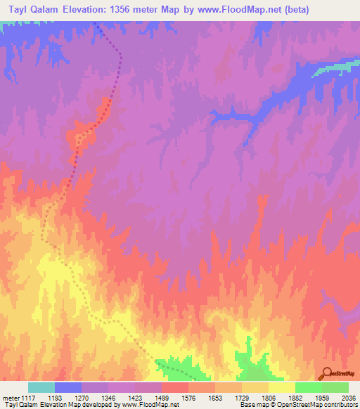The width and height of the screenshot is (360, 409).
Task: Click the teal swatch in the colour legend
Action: click(41, 387)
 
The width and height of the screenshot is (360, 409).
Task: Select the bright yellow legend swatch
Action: click(281, 387)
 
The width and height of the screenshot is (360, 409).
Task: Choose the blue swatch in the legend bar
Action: click(68, 387)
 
